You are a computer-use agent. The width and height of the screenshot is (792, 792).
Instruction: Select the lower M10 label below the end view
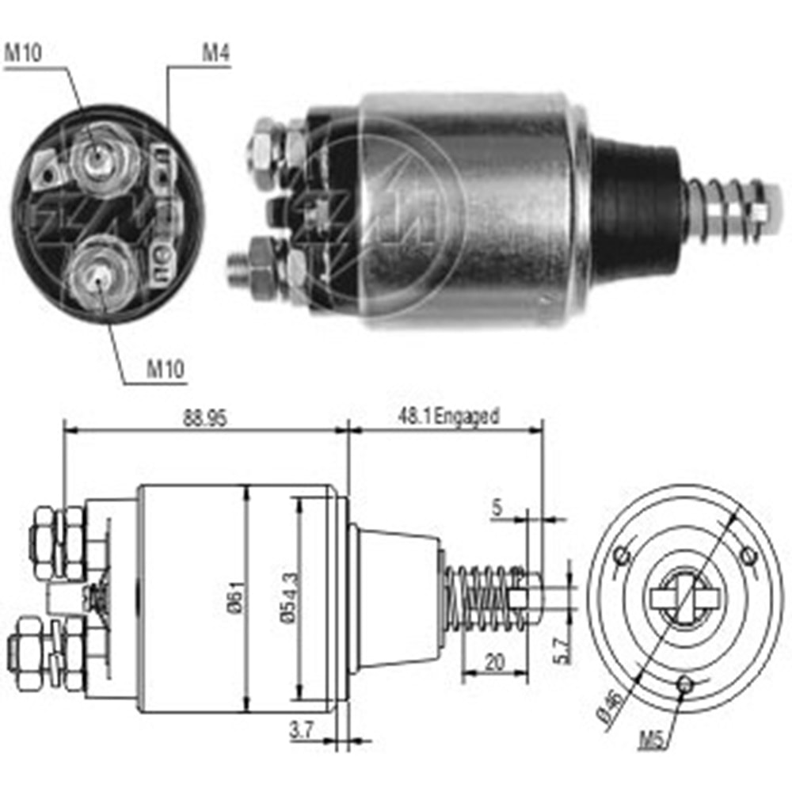pos(166,368)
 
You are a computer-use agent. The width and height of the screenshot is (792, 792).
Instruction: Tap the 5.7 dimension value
pos(561,649)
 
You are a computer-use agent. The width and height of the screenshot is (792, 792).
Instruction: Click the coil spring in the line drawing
pos(483,598)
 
